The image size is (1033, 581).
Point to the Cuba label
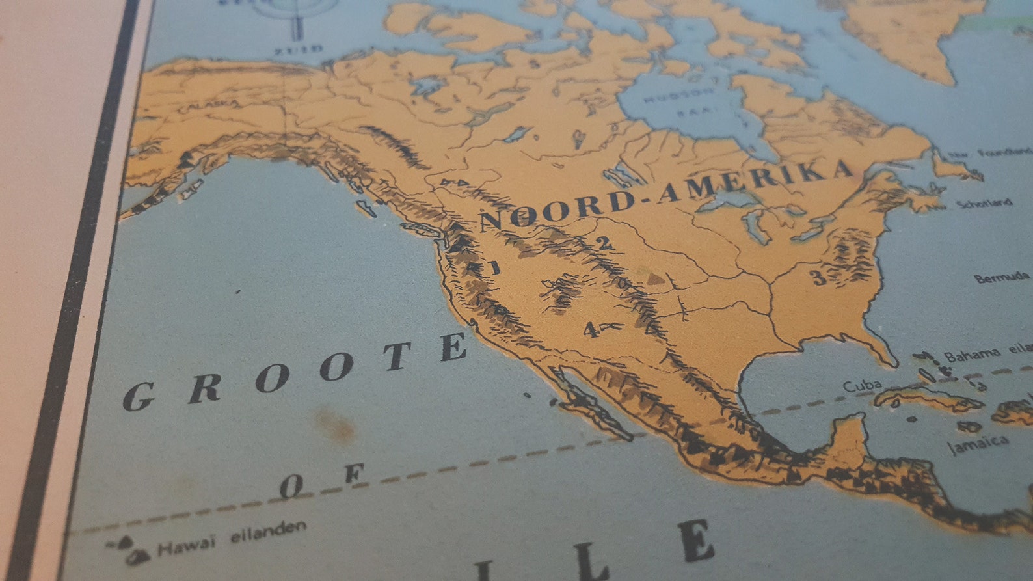(863, 385)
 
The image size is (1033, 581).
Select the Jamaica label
(978, 444)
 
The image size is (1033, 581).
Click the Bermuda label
(1002, 278)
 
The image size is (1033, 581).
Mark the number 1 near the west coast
(494, 267)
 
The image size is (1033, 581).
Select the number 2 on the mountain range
(604, 244)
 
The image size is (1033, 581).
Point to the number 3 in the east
(818, 278)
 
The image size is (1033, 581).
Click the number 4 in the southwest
(590, 330)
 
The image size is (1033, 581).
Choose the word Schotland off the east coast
(984, 204)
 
